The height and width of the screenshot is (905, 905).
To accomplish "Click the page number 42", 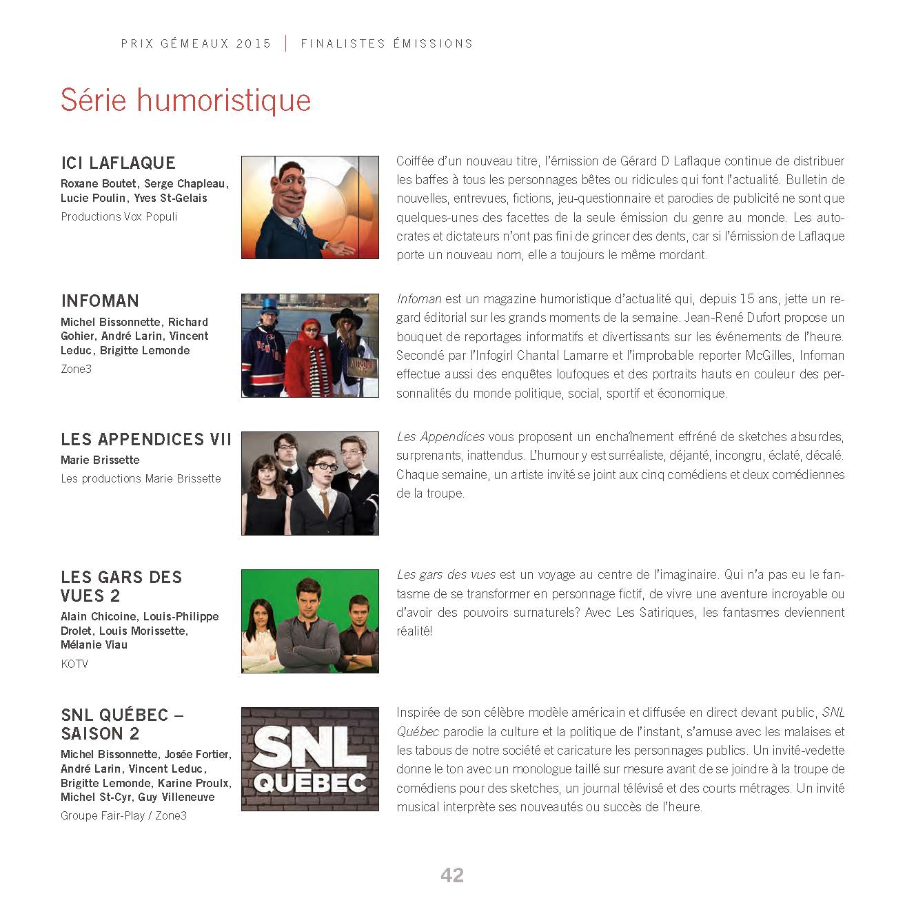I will (x=452, y=875).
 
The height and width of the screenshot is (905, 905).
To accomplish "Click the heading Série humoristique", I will (x=185, y=100).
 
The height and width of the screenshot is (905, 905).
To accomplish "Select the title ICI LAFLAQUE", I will (x=119, y=163).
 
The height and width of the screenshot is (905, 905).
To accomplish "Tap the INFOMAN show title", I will (x=100, y=301).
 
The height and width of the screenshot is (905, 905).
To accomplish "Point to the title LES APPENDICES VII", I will (x=146, y=439).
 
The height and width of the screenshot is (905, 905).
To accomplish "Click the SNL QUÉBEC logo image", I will (x=310, y=759).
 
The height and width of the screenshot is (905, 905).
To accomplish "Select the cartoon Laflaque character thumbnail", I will (x=310, y=207).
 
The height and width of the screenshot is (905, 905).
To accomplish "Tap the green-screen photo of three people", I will (x=310, y=621).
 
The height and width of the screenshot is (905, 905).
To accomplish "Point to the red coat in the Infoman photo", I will (x=307, y=362).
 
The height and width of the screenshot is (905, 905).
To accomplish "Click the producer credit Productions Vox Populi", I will (x=119, y=216).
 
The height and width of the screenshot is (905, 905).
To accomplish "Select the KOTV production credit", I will (x=74, y=664).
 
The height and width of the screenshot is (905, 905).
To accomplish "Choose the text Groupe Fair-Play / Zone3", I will (x=124, y=816).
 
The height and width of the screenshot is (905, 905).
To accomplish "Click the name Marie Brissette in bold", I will (x=100, y=460).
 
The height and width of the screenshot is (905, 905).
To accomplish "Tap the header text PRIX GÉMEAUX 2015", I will (x=196, y=43).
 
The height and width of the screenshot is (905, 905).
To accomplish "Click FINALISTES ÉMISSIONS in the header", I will (x=387, y=43).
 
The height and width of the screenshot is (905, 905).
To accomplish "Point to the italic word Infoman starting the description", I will (x=419, y=299).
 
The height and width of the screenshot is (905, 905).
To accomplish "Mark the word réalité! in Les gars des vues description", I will (x=414, y=631).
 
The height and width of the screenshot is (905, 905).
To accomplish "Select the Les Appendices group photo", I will (x=310, y=483).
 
